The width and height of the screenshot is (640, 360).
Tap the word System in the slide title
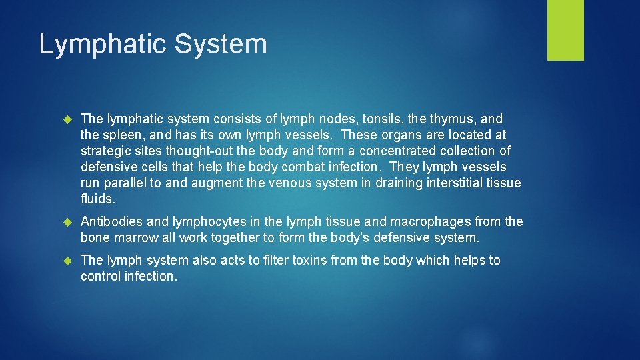(x=221, y=45)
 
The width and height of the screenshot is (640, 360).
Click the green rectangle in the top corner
(x=565, y=30)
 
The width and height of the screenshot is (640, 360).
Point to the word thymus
(x=453, y=119)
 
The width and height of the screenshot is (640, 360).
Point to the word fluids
(x=98, y=199)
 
